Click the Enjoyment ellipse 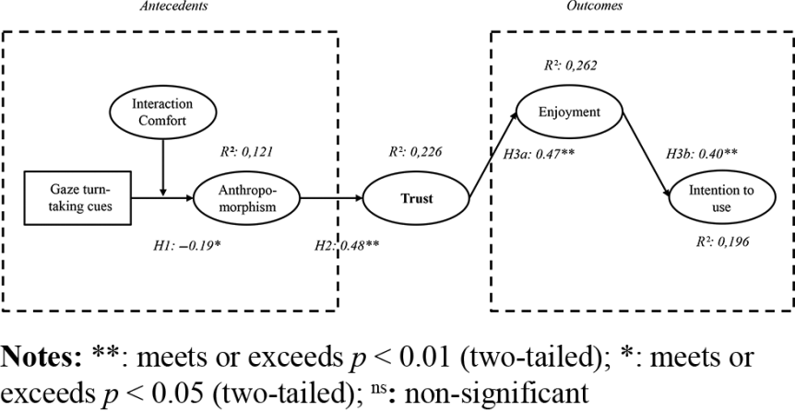569,112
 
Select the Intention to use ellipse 715,200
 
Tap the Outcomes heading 594,6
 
